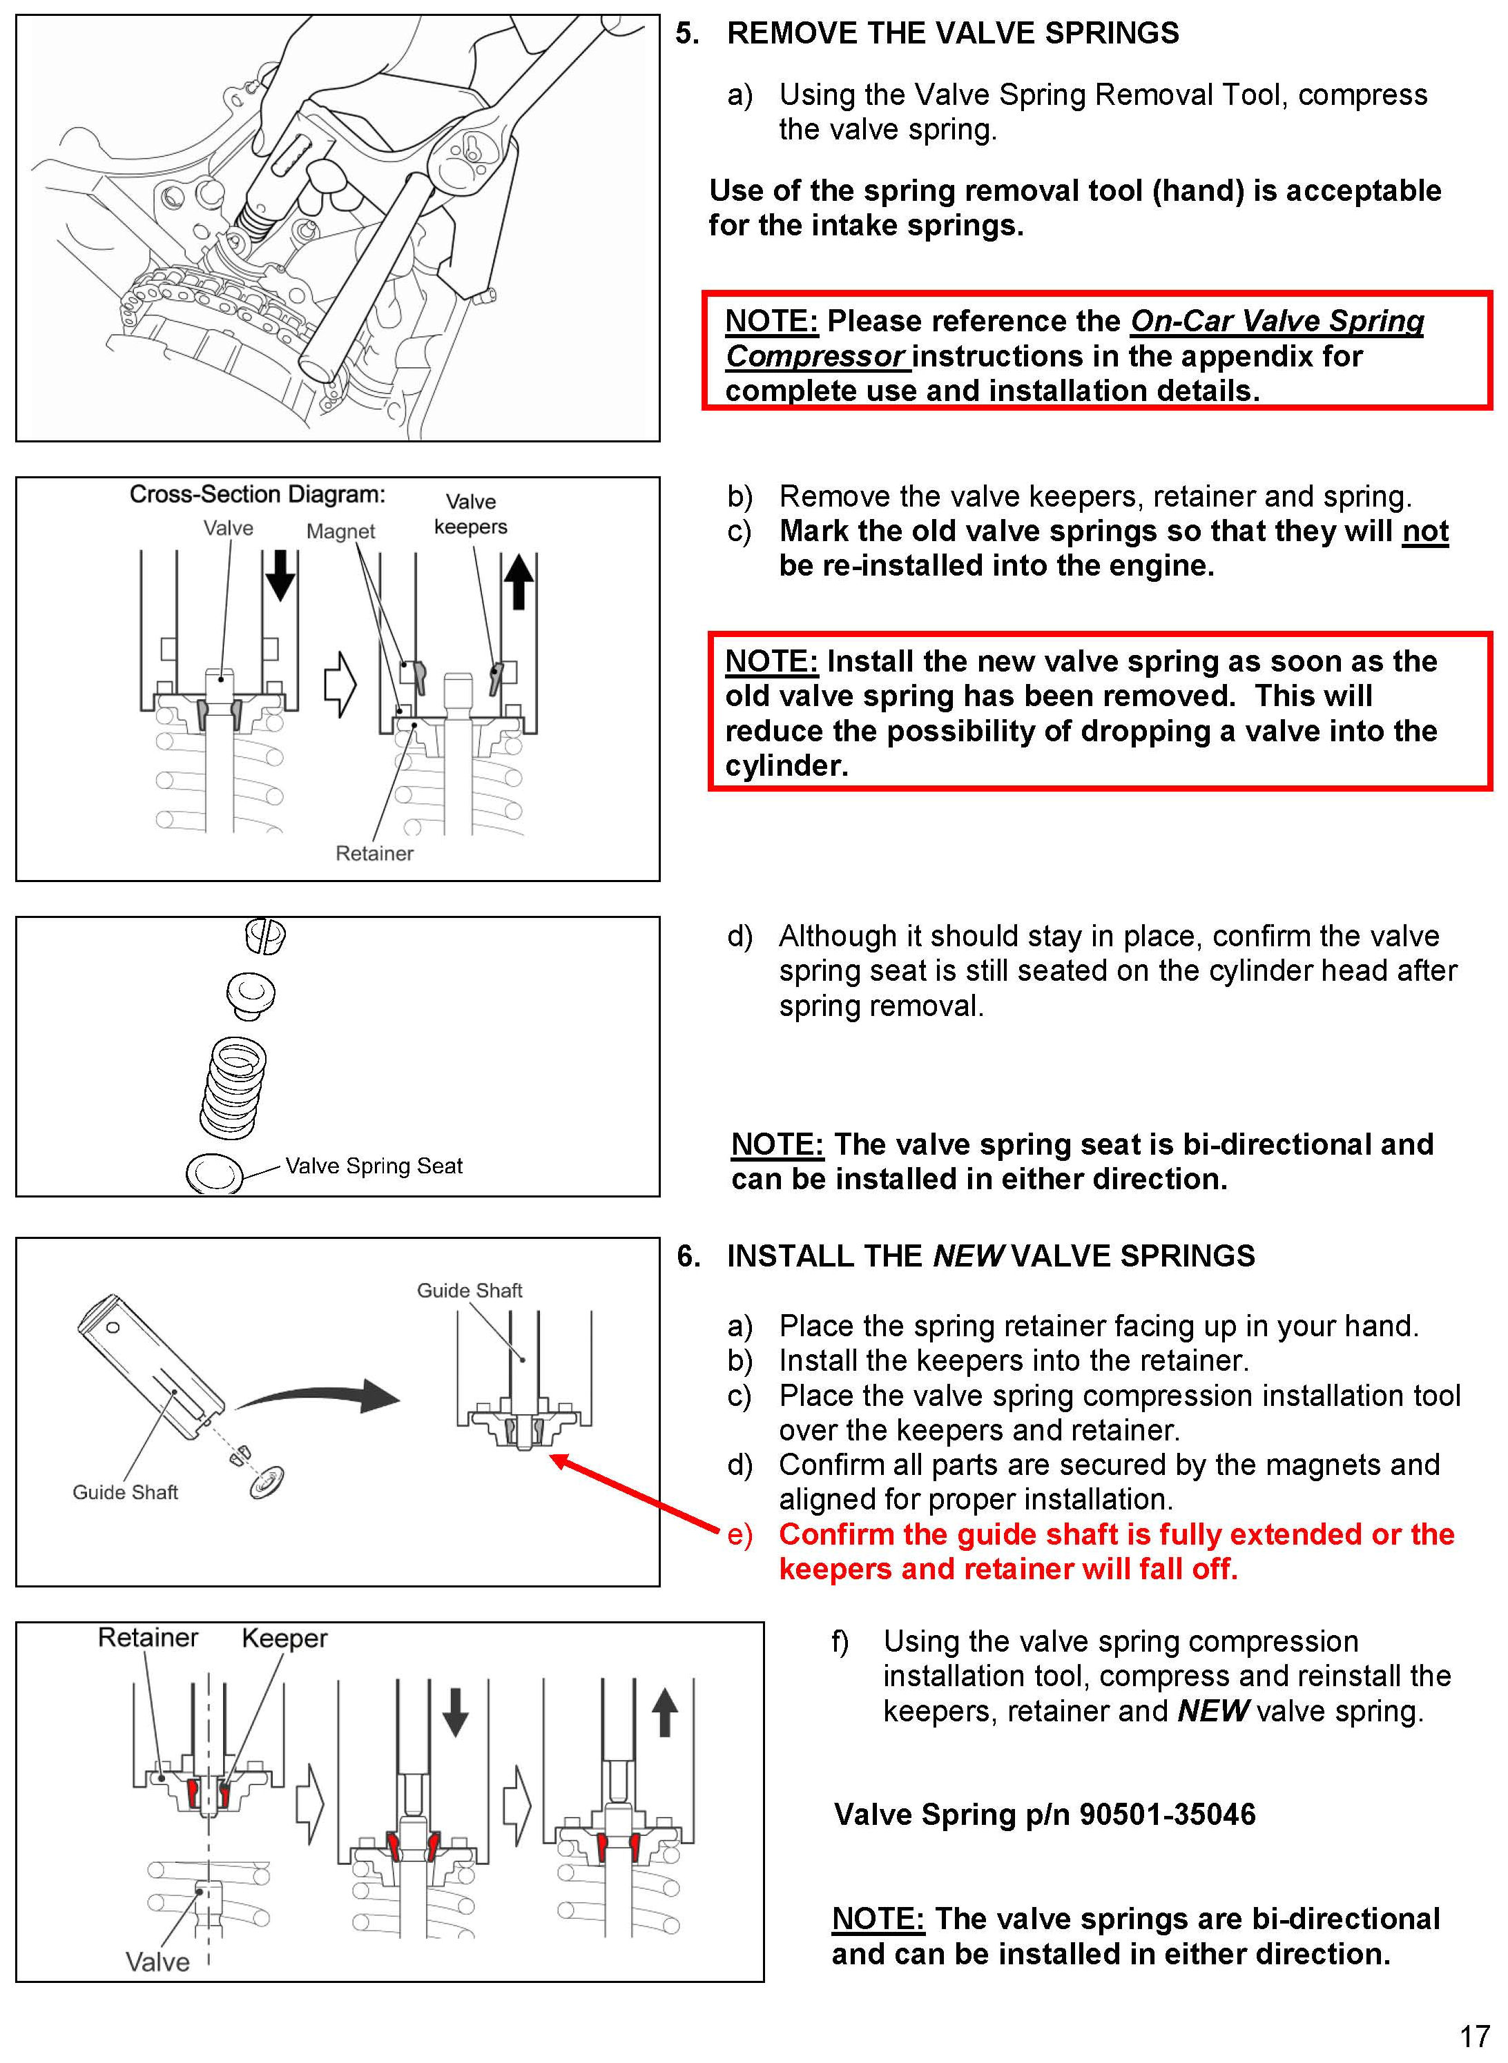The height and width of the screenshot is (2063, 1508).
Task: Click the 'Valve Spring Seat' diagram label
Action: point(374,1166)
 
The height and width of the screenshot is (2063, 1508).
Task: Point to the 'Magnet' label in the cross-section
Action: point(340,531)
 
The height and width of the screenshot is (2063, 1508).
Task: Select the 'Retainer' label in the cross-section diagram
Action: point(374,853)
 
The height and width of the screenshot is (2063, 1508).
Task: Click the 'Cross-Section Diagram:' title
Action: point(258,495)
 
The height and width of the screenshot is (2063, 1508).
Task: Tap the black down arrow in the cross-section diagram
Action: point(280,575)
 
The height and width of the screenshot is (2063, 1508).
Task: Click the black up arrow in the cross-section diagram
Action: point(519,581)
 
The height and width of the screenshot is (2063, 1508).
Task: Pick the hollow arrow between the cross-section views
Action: point(340,683)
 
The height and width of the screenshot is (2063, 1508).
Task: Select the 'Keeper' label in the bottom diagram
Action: point(284,1639)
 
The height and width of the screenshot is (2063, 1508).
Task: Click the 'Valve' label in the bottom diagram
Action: point(157,1962)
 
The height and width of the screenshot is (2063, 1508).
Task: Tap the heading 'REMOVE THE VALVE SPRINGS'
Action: point(952,34)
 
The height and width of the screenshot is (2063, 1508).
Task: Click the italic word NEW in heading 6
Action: point(969,1256)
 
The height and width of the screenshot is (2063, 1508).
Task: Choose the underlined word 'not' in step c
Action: point(1425,531)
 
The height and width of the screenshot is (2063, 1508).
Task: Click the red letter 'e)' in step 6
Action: point(740,1535)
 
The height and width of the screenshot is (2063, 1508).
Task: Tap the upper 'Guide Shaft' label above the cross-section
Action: point(470,1290)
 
